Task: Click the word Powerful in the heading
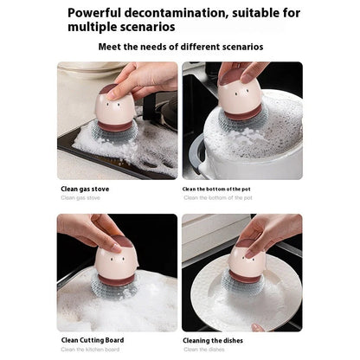(97, 13)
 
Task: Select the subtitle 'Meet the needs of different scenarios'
(181, 46)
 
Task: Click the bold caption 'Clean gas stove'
(85, 188)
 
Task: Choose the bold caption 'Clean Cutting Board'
(92, 340)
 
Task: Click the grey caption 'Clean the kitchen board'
(91, 350)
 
